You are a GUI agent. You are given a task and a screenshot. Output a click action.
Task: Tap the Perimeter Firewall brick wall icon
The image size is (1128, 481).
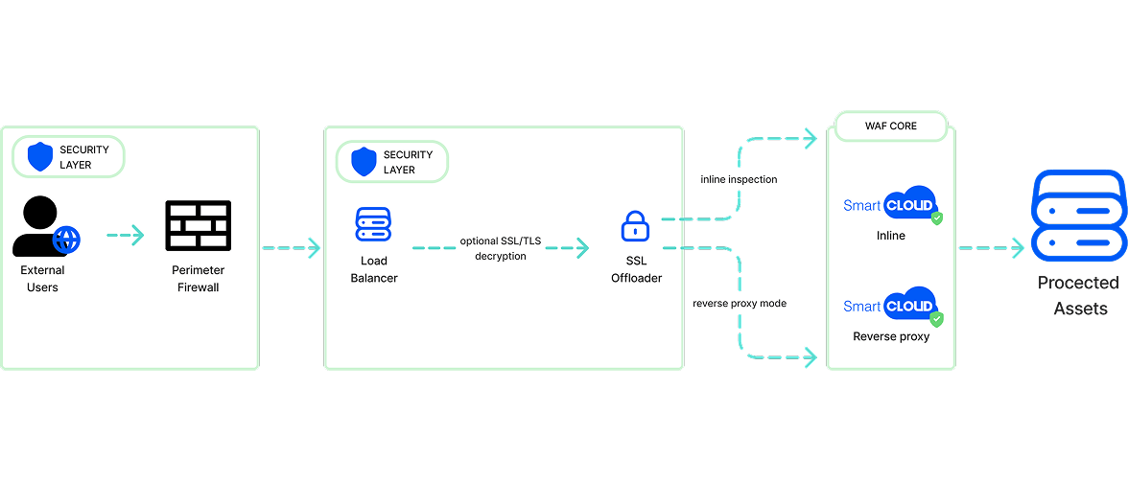point(198,225)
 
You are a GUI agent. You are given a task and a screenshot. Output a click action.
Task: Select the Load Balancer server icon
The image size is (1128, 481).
point(373,225)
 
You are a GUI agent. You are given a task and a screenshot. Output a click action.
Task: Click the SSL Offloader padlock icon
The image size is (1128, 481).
point(636,227)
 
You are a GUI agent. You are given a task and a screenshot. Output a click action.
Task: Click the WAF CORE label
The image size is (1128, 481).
point(890,126)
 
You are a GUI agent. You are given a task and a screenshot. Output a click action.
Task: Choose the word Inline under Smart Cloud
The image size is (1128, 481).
point(891,235)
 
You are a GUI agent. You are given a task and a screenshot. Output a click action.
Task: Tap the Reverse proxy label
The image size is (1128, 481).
point(891,336)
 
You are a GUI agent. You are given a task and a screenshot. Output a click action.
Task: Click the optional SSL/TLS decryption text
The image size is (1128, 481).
point(500,248)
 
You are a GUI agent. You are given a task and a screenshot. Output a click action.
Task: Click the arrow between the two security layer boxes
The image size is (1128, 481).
point(292,248)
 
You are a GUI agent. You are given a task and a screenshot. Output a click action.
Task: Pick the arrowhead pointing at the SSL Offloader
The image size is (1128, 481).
point(581,248)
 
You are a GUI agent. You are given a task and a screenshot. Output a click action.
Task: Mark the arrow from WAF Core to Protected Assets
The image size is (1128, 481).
point(991,248)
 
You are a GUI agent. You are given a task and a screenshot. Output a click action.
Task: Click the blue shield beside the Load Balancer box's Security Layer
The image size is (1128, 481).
point(364,161)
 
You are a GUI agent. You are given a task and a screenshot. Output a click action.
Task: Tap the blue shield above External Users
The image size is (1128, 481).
point(40,156)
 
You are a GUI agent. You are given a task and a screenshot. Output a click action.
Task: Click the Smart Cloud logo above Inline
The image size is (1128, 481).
point(890,204)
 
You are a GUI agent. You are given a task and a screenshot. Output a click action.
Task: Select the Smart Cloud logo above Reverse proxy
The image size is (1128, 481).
point(890,306)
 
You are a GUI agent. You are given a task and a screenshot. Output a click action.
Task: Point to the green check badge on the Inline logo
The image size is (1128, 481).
point(937,218)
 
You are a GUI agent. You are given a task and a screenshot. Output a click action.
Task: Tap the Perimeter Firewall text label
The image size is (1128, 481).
point(198,278)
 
